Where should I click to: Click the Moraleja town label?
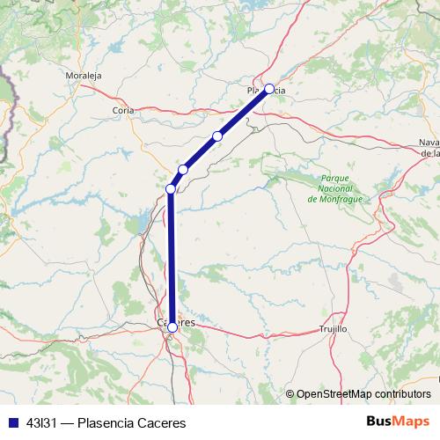84,76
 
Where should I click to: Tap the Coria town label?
123,110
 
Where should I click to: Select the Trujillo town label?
333,328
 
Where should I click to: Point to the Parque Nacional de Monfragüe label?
335,188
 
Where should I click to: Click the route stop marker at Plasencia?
269,88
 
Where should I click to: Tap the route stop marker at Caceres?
172,327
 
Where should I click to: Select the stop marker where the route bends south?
171,188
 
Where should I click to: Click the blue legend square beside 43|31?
12,422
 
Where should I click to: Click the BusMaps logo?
398,422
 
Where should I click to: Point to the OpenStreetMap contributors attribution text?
364,393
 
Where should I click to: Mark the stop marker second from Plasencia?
217,136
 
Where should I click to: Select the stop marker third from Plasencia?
183,169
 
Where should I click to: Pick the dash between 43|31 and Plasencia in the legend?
69,422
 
